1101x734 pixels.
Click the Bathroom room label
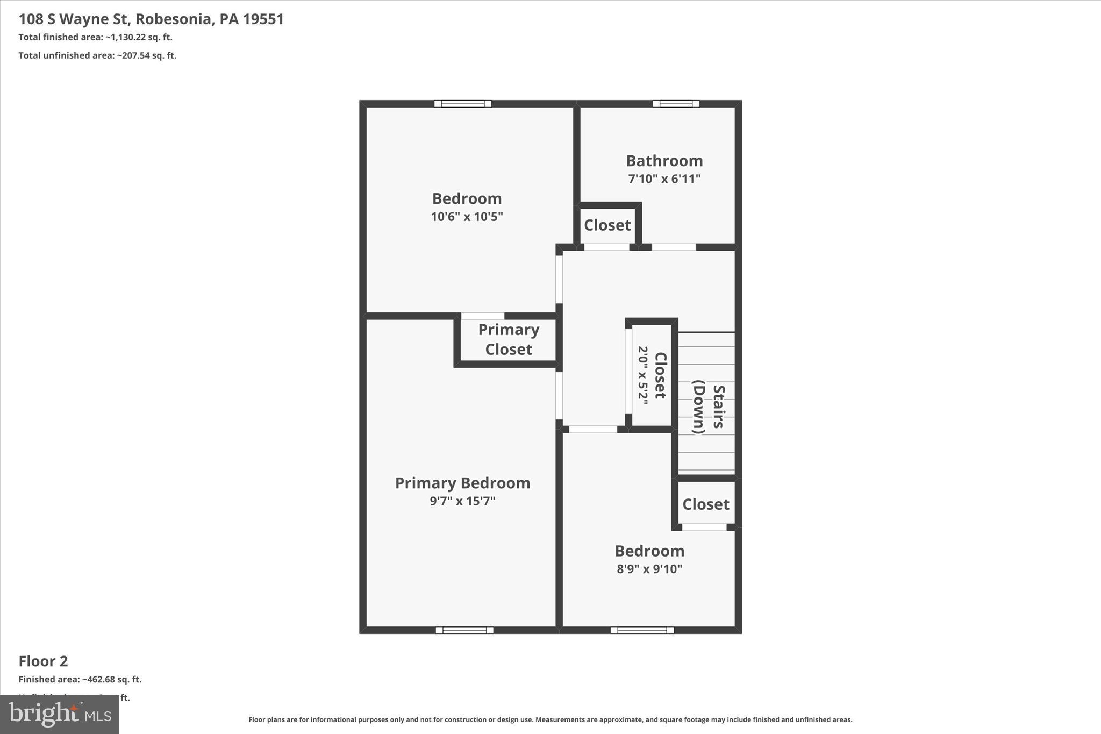(664, 161)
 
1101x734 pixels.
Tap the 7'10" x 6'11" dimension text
(664, 179)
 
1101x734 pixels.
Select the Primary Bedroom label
(462, 483)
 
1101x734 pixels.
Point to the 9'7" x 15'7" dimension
(462, 501)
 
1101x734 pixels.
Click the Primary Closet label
(509, 339)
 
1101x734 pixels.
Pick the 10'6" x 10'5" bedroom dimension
(467, 217)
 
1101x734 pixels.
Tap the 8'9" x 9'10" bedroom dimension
(649, 569)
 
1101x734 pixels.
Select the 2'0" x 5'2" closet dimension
(643, 375)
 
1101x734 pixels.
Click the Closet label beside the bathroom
(607, 225)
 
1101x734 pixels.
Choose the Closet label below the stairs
(706, 504)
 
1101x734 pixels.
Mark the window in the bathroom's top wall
(676, 104)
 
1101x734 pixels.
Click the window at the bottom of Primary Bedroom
(464, 630)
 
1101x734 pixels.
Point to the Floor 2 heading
(44, 661)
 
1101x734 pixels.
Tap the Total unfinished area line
(97, 55)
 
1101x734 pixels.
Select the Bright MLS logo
(60, 714)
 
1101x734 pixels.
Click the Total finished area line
(95, 37)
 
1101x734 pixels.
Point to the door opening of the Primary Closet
(483, 316)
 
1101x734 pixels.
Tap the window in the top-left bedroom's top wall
(463, 104)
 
